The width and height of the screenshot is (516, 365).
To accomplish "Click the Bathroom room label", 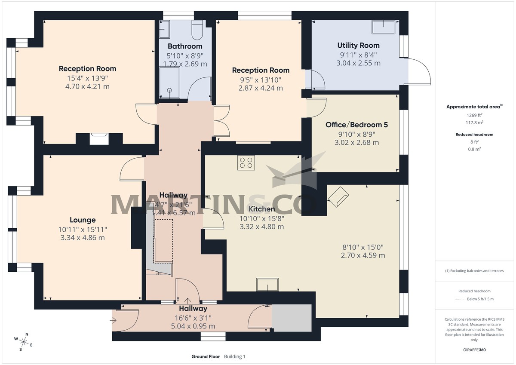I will [185, 46].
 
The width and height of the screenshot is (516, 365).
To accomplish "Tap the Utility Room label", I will [358, 45].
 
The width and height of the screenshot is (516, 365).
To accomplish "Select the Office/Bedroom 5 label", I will [356, 125].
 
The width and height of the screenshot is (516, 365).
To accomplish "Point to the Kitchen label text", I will [261, 209].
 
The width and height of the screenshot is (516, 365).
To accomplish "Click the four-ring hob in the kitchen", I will [246, 163].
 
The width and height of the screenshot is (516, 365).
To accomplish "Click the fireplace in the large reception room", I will [99, 138].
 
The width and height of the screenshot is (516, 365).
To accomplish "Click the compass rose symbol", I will [25, 342].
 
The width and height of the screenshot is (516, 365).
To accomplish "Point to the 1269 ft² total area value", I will [475, 115].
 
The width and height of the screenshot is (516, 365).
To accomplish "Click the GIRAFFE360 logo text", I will [475, 350].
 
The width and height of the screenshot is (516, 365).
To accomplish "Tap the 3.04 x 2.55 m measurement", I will [358, 63].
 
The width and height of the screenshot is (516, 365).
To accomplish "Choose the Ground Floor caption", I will [206, 356].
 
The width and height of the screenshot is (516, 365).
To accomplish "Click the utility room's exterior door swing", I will [419, 71].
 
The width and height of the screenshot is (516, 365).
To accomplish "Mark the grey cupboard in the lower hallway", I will [291, 318].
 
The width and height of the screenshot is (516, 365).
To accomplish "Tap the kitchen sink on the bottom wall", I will [267, 284].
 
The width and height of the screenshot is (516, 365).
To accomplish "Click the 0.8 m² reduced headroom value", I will [475, 149].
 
